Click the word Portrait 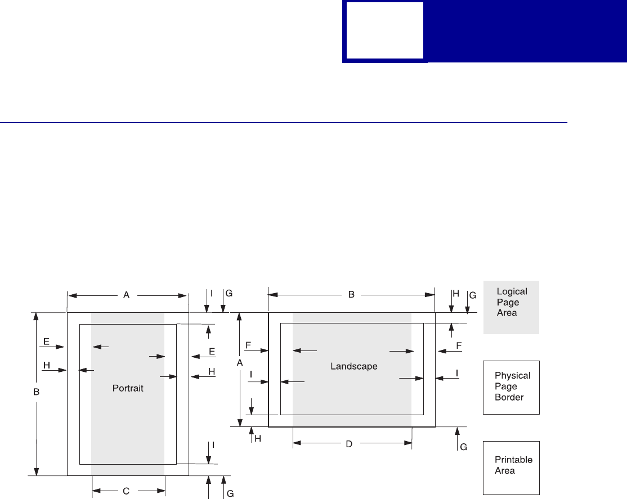tap(128, 389)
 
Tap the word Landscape tap(353, 366)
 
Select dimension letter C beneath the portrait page tap(126, 491)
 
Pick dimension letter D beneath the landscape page tap(349, 444)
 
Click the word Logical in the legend tap(512, 292)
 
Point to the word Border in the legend tap(509, 397)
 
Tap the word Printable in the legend tap(513, 460)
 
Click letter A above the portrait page tap(127, 294)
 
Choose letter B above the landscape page tap(351, 294)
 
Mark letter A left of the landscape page tap(240, 364)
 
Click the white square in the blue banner tap(384, 30)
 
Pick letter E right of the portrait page tap(212, 352)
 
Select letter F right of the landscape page tap(459, 344)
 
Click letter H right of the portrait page tap(212, 372)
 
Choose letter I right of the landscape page tap(456, 373)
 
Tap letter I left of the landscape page tap(251, 374)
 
